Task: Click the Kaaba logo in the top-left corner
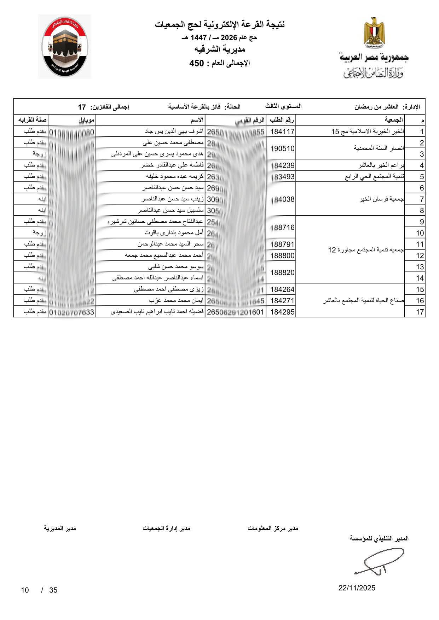click(x=64, y=47)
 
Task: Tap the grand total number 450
click(x=197, y=63)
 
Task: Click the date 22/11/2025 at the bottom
click(x=357, y=588)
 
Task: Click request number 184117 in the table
click(x=282, y=132)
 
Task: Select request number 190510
click(x=282, y=148)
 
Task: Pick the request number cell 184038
click(x=282, y=199)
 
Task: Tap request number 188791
click(x=282, y=244)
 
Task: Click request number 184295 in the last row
click(x=282, y=312)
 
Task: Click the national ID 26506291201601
click(x=235, y=312)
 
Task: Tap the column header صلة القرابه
click(x=30, y=120)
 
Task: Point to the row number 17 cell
click(x=420, y=312)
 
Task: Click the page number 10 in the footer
click(x=25, y=590)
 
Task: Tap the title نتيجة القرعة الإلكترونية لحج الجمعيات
click(x=220, y=25)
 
